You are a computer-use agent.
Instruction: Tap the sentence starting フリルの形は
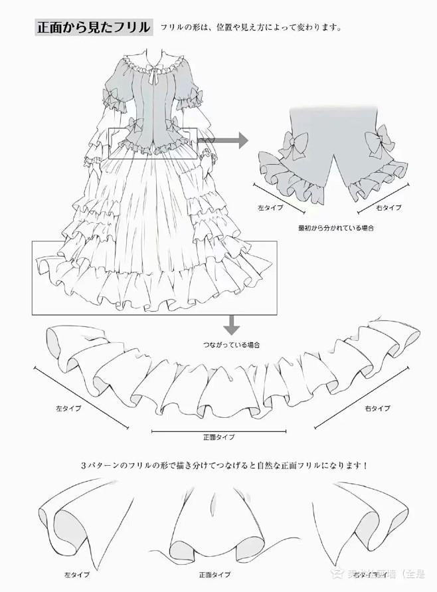click(251, 29)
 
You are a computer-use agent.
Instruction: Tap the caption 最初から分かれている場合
click(335, 228)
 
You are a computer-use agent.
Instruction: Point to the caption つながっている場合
click(231, 345)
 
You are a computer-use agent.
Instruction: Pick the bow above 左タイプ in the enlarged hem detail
click(293, 144)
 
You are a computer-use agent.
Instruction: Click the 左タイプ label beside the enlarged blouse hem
click(270, 208)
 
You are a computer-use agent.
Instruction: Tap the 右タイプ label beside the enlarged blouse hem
click(389, 208)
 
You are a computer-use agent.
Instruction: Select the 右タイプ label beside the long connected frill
click(377, 407)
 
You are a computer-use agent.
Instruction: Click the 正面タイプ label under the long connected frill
click(218, 437)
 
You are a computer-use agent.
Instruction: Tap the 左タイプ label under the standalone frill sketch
click(74, 573)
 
